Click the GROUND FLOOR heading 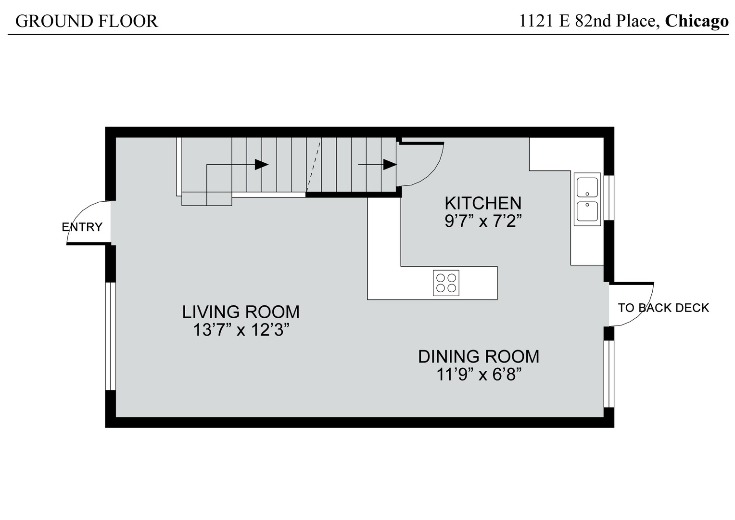(87, 21)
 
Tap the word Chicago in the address (697, 21)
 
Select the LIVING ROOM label (241, 312)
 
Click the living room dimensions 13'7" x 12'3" (241, 330)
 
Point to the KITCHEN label (482, 203)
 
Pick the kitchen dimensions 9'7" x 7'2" (482, 221)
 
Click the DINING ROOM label (478, 356)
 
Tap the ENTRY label (82, 227)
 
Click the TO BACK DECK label (663, 308)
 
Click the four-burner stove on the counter (446, 283)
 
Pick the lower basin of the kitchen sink (587, 211)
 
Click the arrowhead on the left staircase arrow (261, 165)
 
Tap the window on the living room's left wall (110, 336)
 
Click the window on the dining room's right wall (609, 374)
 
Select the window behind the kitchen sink (609, 197)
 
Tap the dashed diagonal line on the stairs (314, 165)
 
